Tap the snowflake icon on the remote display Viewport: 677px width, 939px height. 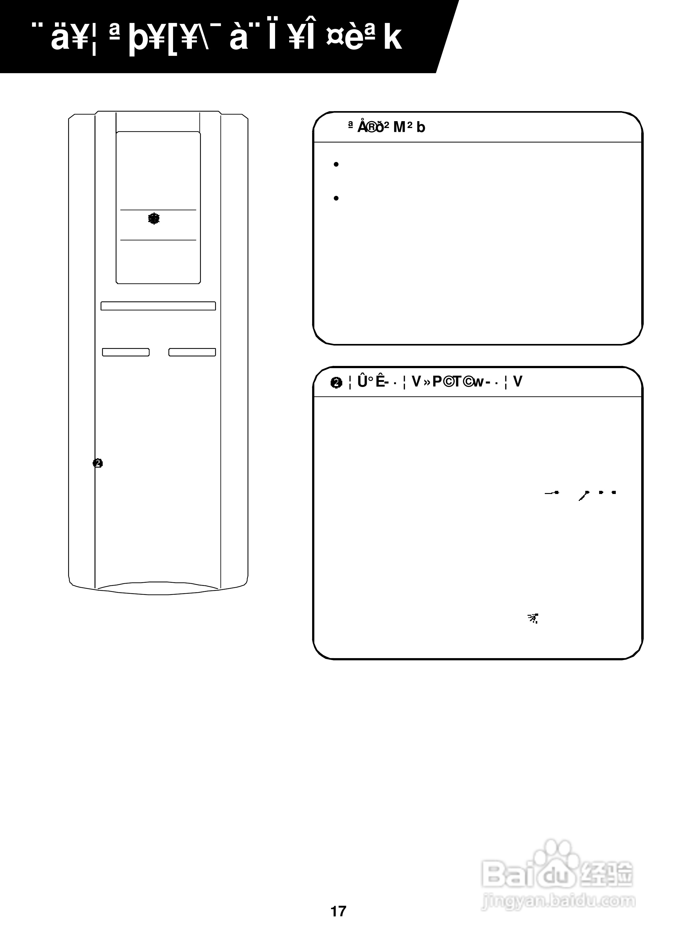pos(154,219)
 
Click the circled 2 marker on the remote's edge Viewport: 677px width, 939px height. pos(98,463)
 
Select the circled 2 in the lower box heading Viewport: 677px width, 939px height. pos(336,383)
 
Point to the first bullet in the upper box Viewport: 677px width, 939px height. pos(336,165)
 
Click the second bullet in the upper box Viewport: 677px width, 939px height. pos(336,198)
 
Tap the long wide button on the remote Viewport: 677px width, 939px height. pos(158,306)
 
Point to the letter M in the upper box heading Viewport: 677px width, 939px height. pos(399,127)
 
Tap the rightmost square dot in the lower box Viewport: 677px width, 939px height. pos(614,493)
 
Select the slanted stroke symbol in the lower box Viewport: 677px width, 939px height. pos(584,495)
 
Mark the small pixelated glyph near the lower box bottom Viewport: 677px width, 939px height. pos(533,619)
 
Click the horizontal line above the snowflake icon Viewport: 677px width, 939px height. pos(158,210)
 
